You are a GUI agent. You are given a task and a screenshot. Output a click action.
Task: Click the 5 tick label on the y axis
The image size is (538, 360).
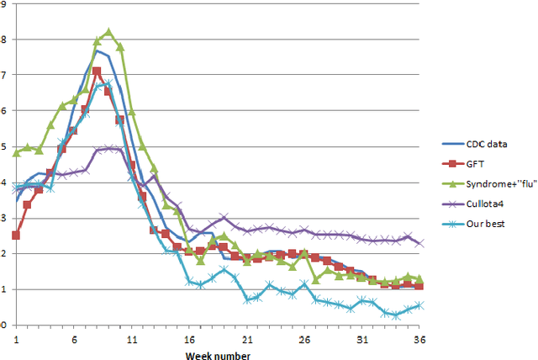tap(5, 147)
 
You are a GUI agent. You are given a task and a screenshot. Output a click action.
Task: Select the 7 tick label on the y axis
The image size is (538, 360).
tap(5, 76)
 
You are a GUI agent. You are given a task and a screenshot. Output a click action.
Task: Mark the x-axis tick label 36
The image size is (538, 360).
tap(419, 338)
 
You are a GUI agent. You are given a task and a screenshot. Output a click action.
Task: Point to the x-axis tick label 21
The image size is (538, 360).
tap(247, 338)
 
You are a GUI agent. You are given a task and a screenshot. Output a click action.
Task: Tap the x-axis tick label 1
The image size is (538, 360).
tap(16, 338)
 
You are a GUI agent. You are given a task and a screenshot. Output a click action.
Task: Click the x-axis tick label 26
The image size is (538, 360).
tap(304, 338)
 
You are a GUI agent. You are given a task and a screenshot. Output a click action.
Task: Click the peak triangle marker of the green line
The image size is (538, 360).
tap(108, 32)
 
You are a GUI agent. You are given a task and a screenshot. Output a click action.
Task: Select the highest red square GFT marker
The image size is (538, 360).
tap(97, 71)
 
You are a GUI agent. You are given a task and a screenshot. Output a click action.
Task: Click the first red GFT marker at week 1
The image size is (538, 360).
tap(16, 236)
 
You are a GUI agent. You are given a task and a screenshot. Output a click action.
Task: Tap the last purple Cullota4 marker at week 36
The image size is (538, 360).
tap(419, 243)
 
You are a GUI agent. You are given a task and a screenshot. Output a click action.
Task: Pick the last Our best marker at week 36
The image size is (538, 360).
tap(419, 305)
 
